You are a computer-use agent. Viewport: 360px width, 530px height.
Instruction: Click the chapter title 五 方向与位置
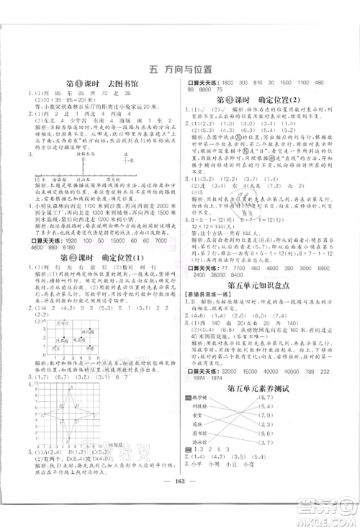pos(180,70)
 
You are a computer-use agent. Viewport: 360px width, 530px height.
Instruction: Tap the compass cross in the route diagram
pos(125,159)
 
